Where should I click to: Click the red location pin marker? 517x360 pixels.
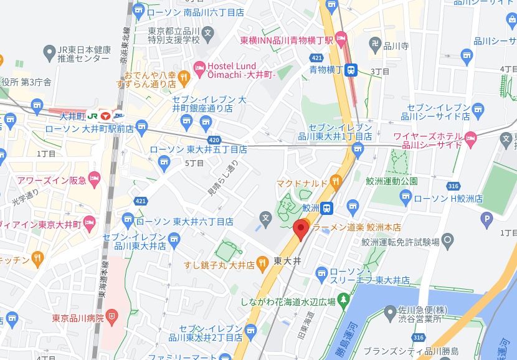(301, 229)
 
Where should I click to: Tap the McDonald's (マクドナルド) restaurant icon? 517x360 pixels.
(336, 182)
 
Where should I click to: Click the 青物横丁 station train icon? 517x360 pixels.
(352, 70)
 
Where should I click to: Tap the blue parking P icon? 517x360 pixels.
(487, 218)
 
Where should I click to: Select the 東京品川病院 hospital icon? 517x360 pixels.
(111, 318)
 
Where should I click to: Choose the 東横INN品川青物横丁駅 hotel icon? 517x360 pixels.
(341, 40)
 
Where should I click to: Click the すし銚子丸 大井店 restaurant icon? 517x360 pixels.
(262, 265)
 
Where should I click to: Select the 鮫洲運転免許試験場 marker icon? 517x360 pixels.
(447, 241)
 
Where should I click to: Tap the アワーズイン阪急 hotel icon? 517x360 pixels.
(93, 180)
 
